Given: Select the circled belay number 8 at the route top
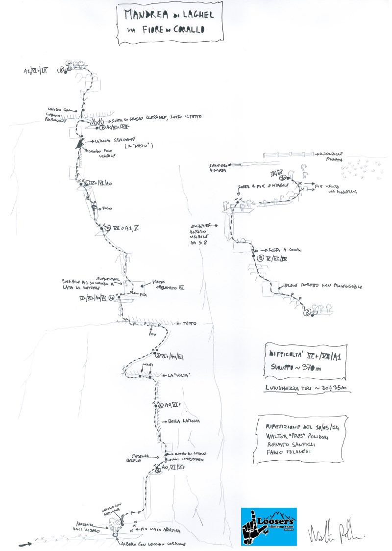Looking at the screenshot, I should (61, 70).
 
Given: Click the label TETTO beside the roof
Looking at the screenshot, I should (189, 324).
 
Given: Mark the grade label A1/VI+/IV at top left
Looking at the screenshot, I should (35, 71).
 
